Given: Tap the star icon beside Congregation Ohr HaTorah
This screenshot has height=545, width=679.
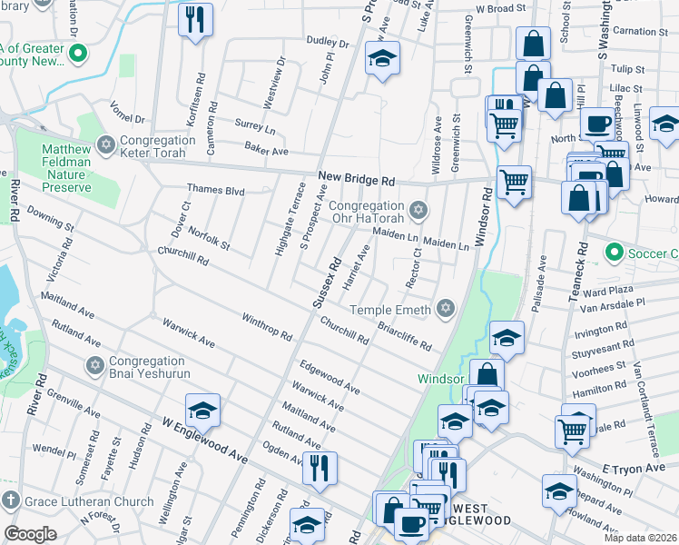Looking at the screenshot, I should [x=418, y=212].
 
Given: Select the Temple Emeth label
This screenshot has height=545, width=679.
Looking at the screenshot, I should [x=398, y=311].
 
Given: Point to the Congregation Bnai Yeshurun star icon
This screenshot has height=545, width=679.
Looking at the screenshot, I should [x=95, y=366].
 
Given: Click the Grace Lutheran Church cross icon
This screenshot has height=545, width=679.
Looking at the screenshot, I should [x=10, y=501].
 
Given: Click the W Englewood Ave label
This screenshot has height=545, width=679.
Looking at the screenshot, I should [x=204, y=438].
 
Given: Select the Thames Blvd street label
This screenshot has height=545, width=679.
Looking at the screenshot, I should [x=216, y=190].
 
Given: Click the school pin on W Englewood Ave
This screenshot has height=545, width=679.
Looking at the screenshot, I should [x=202, y=411].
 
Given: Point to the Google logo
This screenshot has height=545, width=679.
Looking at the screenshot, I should [x=30, y=534].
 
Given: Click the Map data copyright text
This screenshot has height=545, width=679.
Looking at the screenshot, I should [x=641, y=538].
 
